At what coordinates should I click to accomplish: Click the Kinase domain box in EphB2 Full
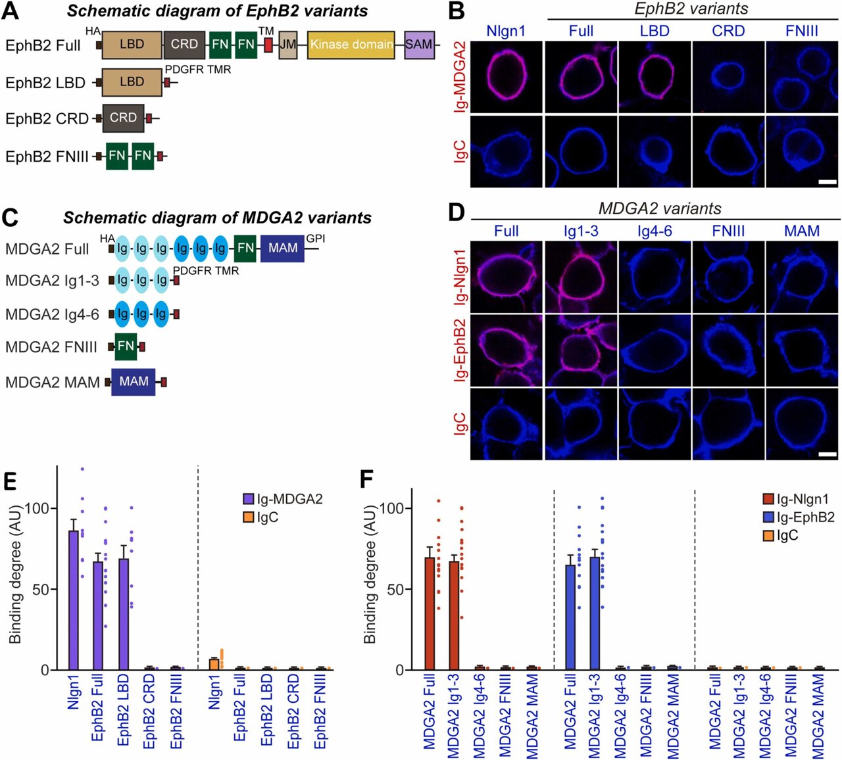(x=351, y=45)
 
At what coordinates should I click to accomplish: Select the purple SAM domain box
(x=419, y=45)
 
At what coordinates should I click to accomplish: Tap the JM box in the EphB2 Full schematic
(x=287, y=45)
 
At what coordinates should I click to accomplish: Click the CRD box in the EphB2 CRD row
(x=123, y=118)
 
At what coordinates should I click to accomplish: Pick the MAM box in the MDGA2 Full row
(x=282, y=248)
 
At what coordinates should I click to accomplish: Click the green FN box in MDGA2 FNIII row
(x=125, y=346)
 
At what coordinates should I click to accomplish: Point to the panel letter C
(x=10, y=218)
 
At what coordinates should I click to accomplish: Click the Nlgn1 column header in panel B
(x=506, y=31)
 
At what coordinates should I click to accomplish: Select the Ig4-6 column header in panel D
(x=654, y=231)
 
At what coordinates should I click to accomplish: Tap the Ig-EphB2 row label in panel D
(x=460, y=350)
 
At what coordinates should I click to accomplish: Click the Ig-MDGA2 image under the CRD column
(x=728, y=77)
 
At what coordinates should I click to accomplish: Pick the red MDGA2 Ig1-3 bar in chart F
(x=454, y=615)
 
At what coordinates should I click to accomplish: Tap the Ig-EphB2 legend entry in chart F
(x=799, y=517)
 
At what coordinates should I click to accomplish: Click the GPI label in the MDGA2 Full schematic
(x=315, y=239)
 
